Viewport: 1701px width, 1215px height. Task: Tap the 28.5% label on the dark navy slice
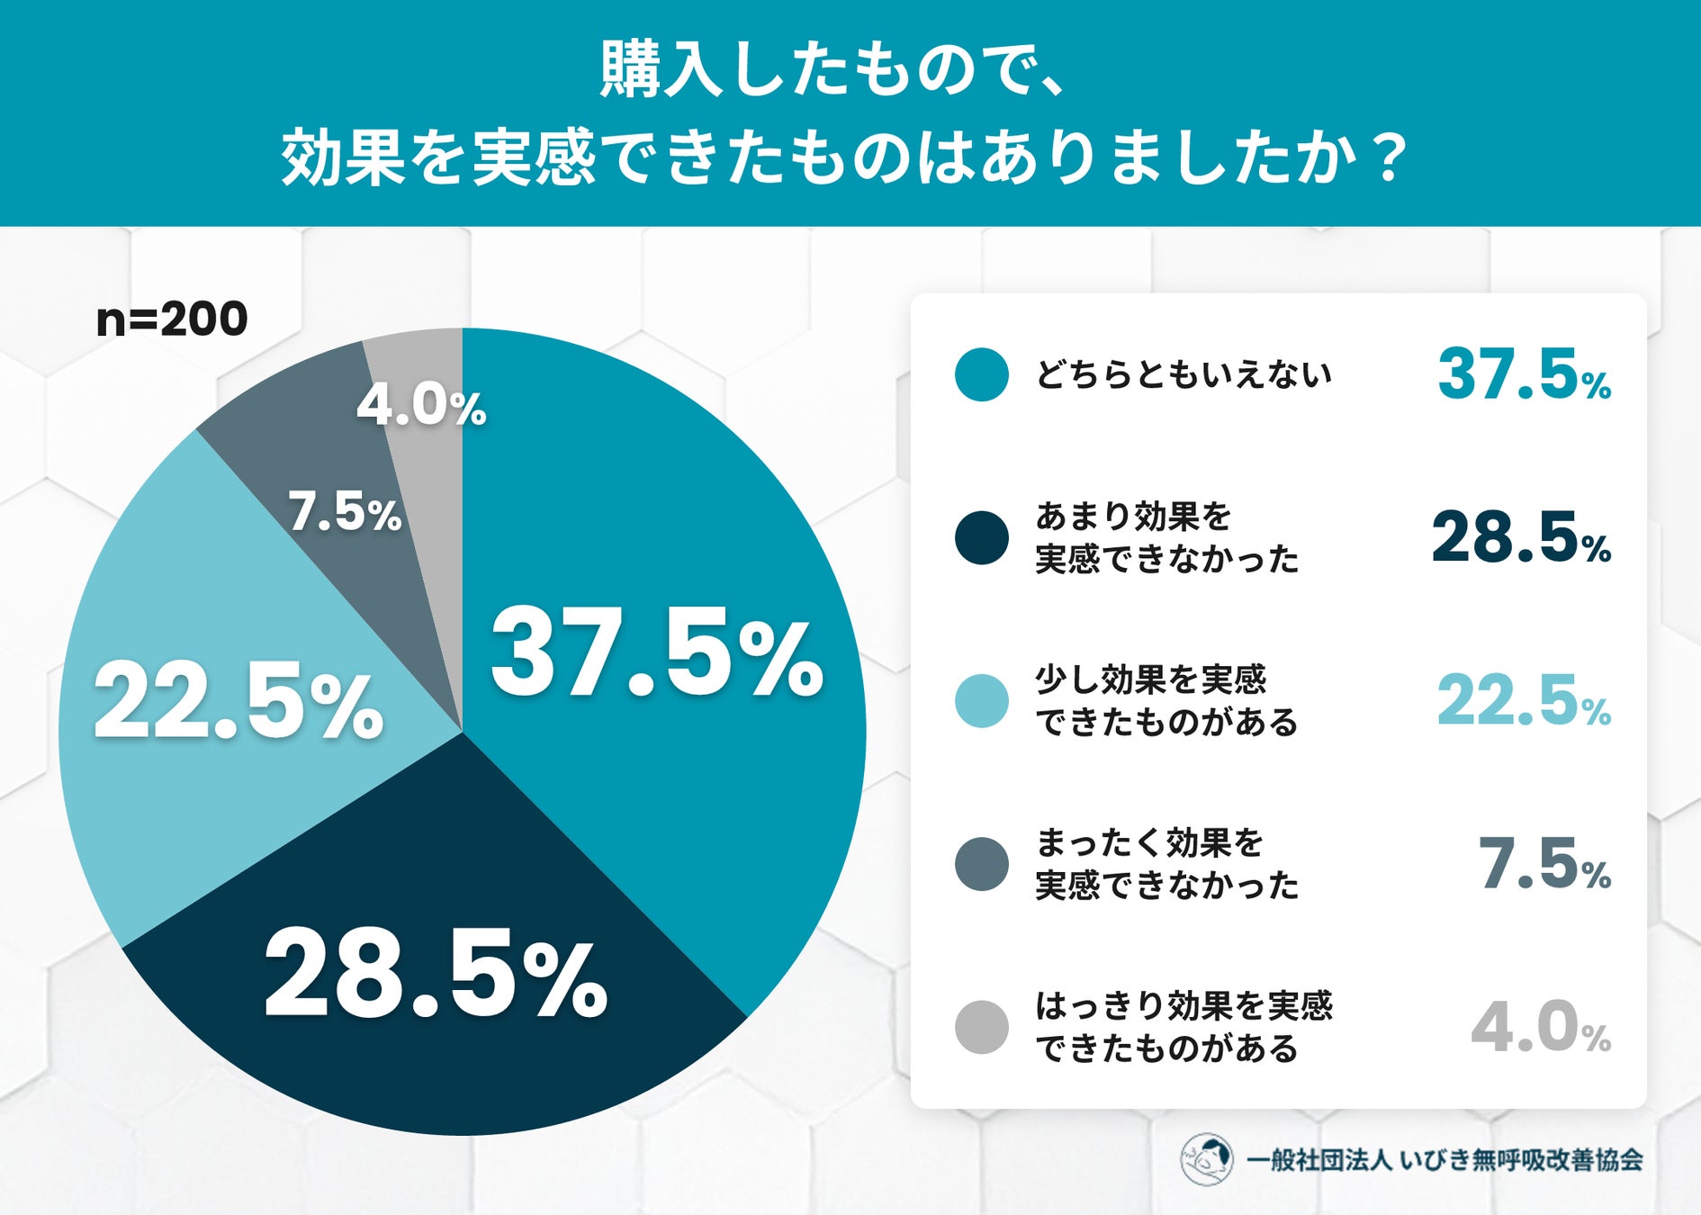436,975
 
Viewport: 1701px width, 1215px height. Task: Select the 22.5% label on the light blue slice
238,700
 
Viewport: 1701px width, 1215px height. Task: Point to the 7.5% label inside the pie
345,512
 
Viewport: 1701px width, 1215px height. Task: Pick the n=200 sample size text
172,319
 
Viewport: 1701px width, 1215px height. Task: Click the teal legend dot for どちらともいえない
981,374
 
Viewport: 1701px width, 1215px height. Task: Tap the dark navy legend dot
981,538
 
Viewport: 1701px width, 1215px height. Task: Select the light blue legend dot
981,701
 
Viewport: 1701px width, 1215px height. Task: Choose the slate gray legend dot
981,864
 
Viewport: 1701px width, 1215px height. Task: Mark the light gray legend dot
981,1027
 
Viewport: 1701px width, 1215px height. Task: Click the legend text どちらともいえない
1183,374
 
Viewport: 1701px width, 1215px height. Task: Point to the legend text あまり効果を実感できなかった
1167,538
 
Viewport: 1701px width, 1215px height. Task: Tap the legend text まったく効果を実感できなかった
1167,864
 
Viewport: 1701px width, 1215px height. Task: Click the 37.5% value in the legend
1524,374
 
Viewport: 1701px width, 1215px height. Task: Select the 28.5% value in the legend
1521,538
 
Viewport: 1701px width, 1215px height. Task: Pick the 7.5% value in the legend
1544,864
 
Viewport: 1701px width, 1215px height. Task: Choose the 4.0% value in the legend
1541,1027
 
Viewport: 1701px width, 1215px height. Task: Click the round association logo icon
1206,1159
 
